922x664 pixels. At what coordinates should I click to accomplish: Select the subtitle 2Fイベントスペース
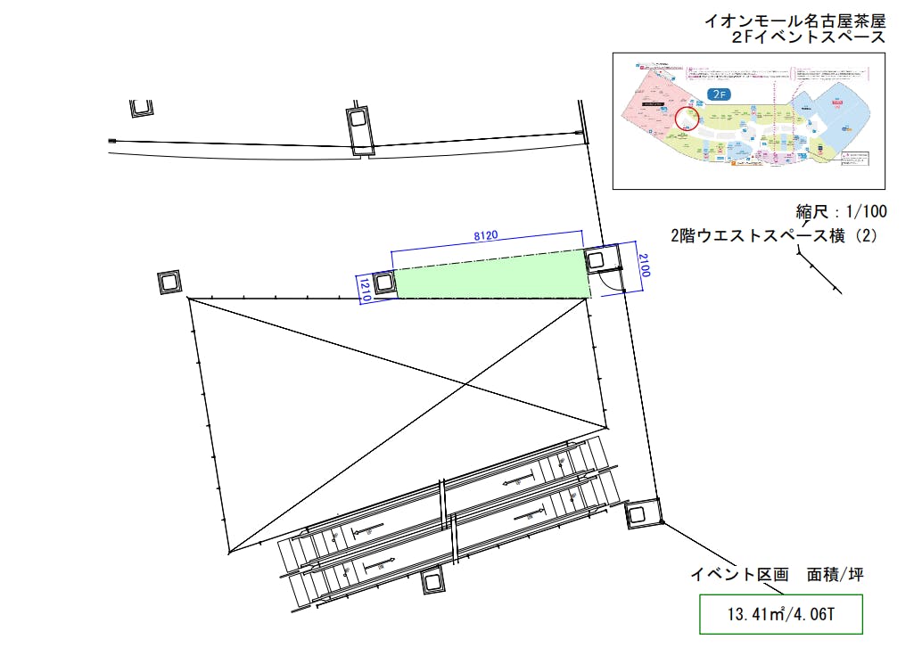(x=808, y=37)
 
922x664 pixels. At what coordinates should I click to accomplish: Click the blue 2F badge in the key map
(x=719, y=93)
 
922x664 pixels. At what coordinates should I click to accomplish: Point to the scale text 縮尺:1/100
(x=841, y=212)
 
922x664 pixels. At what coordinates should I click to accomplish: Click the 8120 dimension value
(x=485, y=235)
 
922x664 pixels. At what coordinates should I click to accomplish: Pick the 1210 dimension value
(x=364, y=289)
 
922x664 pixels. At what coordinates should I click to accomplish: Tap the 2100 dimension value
(x=645, y=264)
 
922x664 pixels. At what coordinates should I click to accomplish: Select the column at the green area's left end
(x=384, y=283)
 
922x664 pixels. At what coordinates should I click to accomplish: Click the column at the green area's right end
(x=597, y=260)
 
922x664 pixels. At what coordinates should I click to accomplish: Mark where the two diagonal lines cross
(x=464, y=384)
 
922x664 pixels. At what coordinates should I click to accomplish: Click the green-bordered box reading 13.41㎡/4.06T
(x=781, y=614)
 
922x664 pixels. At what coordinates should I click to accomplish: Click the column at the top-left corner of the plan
(x=141, y=107)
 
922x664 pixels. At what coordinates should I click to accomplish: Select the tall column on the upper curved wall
(x=358, y=129)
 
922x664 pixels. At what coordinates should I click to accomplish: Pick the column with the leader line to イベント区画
(x=639, y=513)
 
